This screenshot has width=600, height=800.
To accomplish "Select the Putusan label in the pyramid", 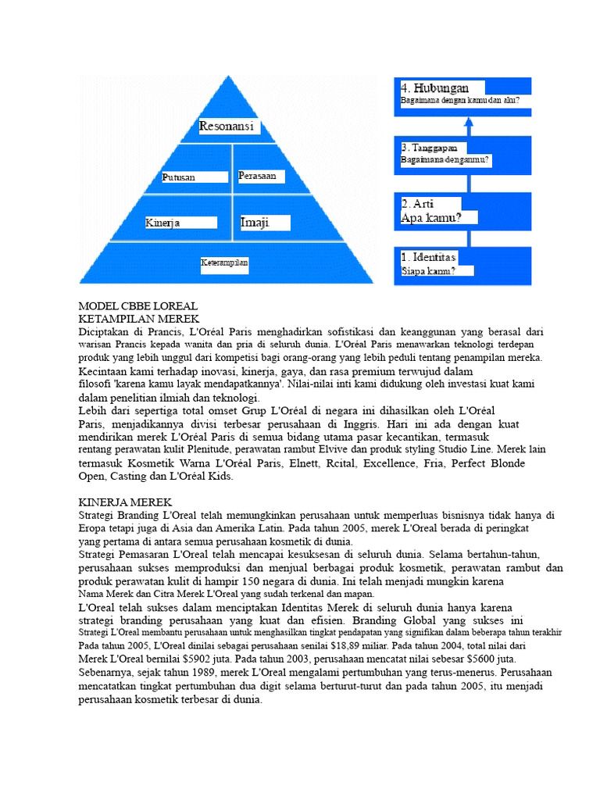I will point(179,177).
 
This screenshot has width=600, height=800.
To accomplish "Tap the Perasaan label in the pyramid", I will point(257,176).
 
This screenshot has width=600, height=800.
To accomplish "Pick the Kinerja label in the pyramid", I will point(163,223).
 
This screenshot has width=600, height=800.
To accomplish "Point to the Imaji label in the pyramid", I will point(255,223).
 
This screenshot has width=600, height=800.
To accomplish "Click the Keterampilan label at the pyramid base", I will point(224,263).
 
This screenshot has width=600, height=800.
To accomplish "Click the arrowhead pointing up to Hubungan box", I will point(468,123).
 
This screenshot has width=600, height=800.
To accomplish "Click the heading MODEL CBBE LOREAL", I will point(138,306).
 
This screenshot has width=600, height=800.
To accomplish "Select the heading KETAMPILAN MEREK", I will point(139,319).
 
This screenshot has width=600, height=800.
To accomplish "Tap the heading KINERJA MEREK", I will point(125,502).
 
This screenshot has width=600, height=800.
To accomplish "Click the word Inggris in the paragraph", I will point(359,423).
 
